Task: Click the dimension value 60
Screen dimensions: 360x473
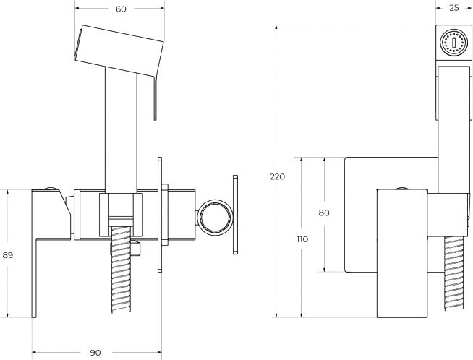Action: [121, 9]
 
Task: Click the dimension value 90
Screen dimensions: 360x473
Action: [95, 352]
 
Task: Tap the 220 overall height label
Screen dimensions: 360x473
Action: [277, 176]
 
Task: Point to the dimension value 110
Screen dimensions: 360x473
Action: [302, 239]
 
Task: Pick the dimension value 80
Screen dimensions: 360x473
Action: [323, 213]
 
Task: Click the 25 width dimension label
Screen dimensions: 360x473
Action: [453, 9]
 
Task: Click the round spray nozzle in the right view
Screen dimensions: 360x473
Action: [453, 42]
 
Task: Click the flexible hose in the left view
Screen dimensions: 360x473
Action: [119, 282]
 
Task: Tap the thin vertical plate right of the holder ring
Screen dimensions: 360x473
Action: [234, 214]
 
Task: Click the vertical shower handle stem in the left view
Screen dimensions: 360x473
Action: [120, 130]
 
